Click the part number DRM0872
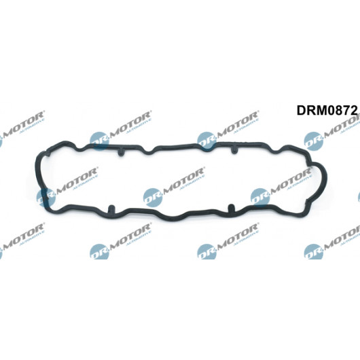pyautogui.click(x=327, y=110)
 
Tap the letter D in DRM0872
pyautogui.click(x=301, y=110)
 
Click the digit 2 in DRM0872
pyautogui.click(x=354, y=110)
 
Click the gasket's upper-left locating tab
pyautogui.click(x=121, y=152)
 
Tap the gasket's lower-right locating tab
pyautogui.click(x=231, y=209)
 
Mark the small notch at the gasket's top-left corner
pyautogui.click(x=48, y=154)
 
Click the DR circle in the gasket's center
pyautogui.click(x=152, y=198)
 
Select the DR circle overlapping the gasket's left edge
pyautogui.click(x=46, y=198)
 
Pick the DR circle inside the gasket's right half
pyautogui.click(x=260, y=198)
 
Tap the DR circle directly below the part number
pyautogui.click(x=314, y=141)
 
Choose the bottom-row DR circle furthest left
pyautogui.click(x=99, y=251)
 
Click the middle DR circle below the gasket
pyautogui.click(x=206, y=251)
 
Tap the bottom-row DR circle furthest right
pyautogui.click(x=314, y=251)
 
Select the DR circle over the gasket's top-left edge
pyautogui.click(x=99, y=141)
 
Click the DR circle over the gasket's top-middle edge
pyautogui.click(x=206, y=141)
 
